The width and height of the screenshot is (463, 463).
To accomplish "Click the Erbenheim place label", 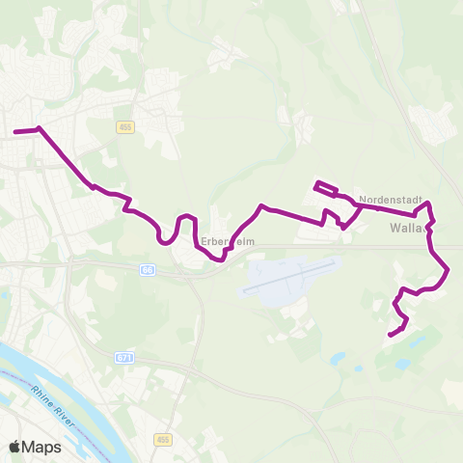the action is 228,241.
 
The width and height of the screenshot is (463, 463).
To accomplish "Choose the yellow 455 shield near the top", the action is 126,126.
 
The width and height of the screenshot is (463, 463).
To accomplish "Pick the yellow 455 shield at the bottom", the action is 161,439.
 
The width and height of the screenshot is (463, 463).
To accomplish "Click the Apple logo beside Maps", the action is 14,447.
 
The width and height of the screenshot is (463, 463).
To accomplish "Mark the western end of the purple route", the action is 14,131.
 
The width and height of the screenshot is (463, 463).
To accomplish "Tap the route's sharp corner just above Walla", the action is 431,204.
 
